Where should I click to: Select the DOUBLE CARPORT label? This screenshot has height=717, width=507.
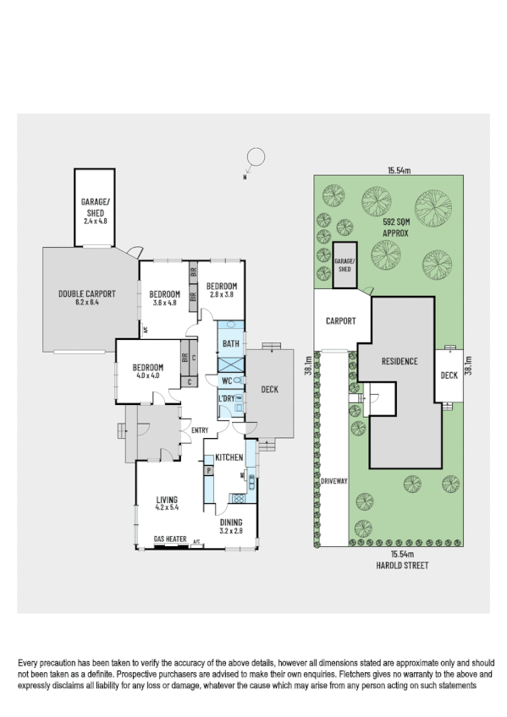click(x=86, y=293)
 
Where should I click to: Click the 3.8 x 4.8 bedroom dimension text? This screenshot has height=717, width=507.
click(x=167, y=303)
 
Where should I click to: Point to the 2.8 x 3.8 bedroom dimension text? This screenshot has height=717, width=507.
click(x=221, y=294)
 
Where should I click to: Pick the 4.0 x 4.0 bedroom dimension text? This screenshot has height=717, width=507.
click(x=147, y=375)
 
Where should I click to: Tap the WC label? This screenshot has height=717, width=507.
click(x=228, y=380)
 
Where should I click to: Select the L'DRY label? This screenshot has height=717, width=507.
click(x=227, y=398)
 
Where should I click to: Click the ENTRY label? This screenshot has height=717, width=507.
click(x=200, y=431)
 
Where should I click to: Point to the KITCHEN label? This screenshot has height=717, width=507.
click(x=229, y=457)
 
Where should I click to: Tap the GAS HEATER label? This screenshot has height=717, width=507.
click(x=170, y=539)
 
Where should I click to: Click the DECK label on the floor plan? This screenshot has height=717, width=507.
click(x=271, y=390)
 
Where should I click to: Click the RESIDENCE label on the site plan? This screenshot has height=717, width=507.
click(x=399, y=361)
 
